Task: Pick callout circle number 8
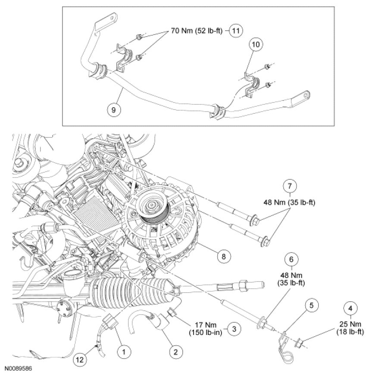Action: pos(223,256)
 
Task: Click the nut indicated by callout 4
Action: pos(299,344)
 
